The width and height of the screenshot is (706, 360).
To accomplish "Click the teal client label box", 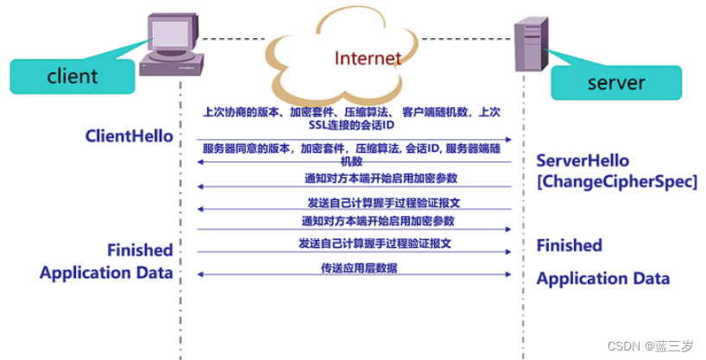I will pos(72,75).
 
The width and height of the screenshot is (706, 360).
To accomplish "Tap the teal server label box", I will pos(616,83).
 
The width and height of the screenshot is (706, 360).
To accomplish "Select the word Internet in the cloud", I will pos(369,59).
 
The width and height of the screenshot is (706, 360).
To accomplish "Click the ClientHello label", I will pos(129,136).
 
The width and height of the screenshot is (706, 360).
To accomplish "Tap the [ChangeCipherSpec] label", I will pos(616,182).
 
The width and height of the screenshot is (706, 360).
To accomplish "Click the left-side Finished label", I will pos(140,250).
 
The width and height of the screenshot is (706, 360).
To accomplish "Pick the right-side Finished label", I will pos(570,245).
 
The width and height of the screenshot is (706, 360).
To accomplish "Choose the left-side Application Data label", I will pos(106,273).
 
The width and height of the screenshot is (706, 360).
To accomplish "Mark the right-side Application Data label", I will pos(603,279).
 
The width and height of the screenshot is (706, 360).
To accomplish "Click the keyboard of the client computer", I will pos(173,63).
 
